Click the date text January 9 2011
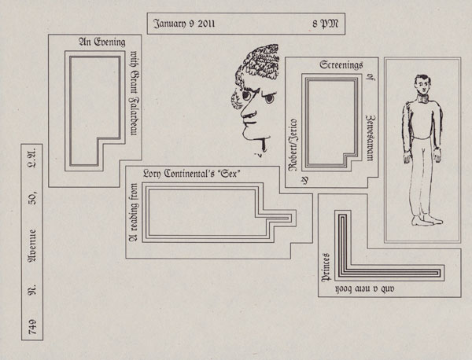pyautogui.click(x=183, y=24)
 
